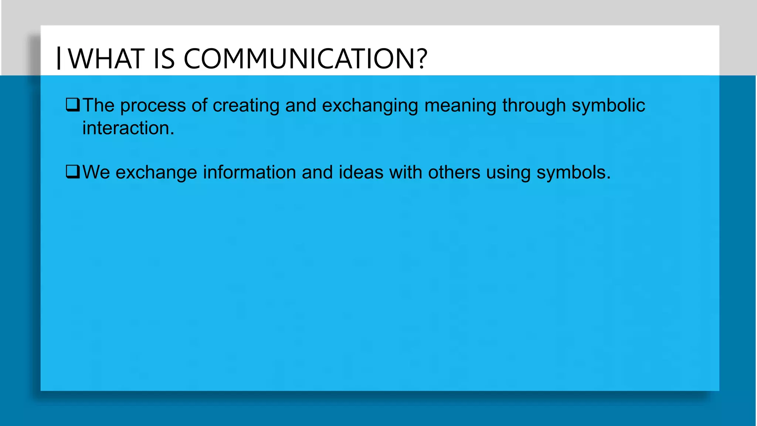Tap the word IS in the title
tap(163, 59)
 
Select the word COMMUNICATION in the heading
tap(301, 59)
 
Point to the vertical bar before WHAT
tap(59, 58)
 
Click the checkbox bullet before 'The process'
tap(72, 105)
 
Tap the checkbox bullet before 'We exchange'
tap(72, 172)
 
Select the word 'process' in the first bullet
tap(153, 106)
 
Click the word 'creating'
tap(246, 106)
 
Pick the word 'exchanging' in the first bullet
tap(370, 106)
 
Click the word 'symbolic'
tap(608, 106)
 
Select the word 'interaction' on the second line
tap(126, 128)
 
